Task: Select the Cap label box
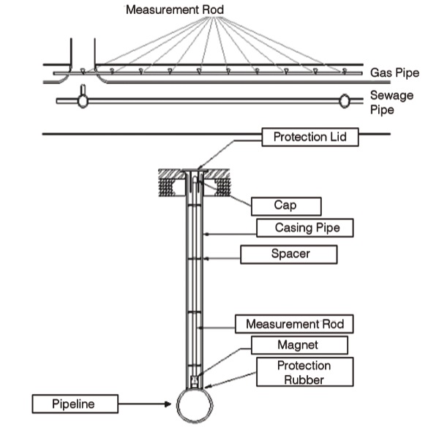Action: (x=285, y=205)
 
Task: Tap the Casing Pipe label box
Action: (x=304, y=228)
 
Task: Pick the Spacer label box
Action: (x=288, y=254)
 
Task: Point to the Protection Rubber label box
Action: (x=304, y=372)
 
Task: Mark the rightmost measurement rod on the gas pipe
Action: (x=343, y=72)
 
